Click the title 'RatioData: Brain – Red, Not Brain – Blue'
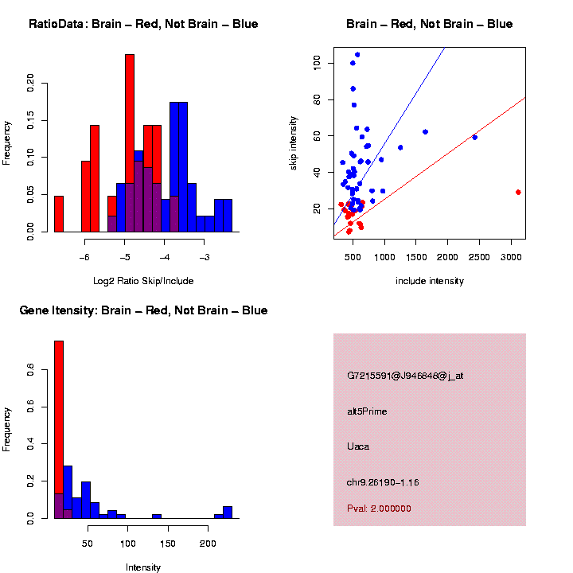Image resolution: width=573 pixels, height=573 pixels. [x=143, y=24]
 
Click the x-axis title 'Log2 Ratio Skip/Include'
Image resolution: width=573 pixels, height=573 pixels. [x=143, y=281]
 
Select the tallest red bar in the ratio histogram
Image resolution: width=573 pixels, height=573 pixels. [x=130, y=143]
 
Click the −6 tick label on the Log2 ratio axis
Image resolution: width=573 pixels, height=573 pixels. [x=85, y=257]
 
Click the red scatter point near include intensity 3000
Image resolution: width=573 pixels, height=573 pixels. [x=518, y=192]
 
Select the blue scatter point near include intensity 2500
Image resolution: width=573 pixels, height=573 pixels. [x=475, y=137]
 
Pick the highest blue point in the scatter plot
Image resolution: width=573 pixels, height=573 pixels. [x=357, y=55]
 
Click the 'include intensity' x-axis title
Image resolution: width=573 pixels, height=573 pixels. [x=430, y=281]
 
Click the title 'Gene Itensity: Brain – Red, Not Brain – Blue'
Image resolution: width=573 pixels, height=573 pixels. [x=143, y=310]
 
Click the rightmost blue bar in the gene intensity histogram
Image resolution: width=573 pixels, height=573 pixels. [x=228, y=512]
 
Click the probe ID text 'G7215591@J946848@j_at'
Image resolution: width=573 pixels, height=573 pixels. [x=404, y=376]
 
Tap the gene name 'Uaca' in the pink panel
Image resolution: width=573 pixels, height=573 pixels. [x=358, y=446]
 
